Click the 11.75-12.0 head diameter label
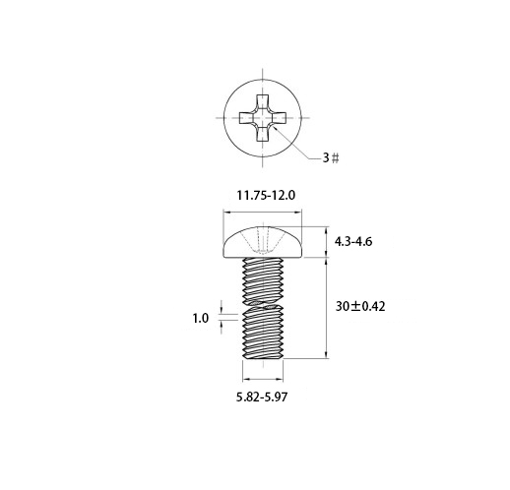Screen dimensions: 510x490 pos(266,196)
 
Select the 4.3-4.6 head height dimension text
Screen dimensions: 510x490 pos(353,242)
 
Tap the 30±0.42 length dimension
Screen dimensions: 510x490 pos(360,307)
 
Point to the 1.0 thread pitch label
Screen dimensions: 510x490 pos(200,318)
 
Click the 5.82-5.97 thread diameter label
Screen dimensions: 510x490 pos(262,398)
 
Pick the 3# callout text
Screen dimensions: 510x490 pos(331,158)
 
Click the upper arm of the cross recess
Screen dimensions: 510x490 pos(263,101)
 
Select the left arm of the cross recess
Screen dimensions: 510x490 pos(246,118)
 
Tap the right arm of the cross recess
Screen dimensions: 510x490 pos(279,118)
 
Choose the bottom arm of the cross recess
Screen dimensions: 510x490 pos(263,134)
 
